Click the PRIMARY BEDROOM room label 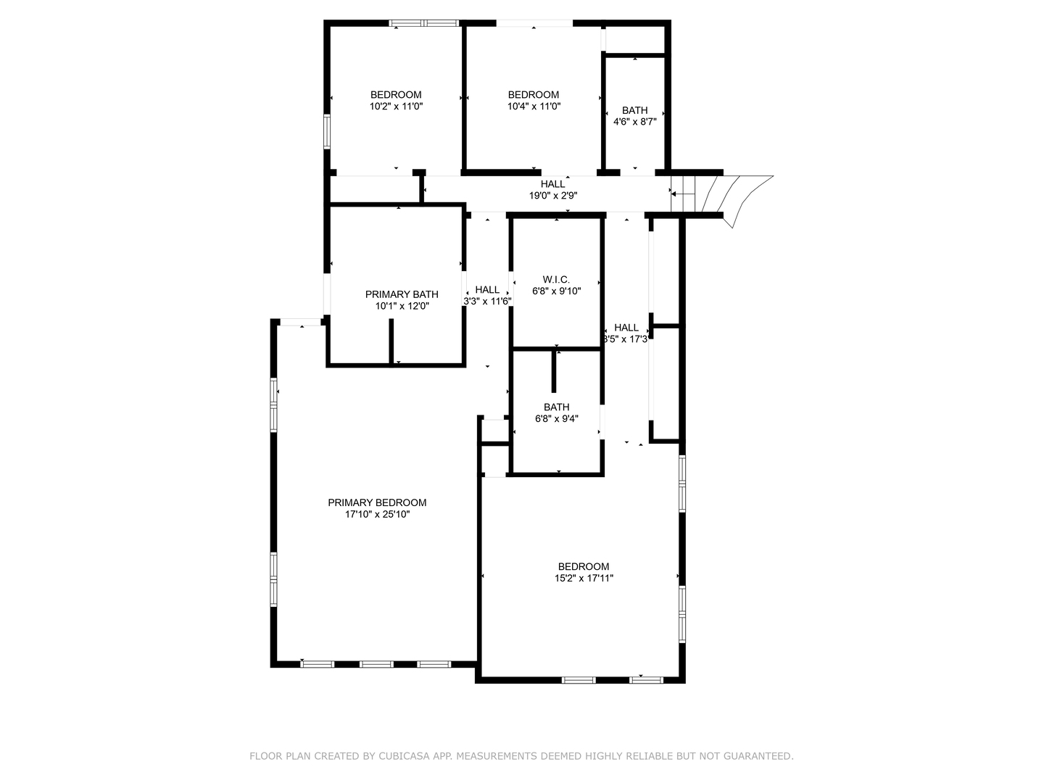pyautogui.click(x=377, y=502)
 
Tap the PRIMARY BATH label pyautogui.click(x=402, y=294)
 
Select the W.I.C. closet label pyautogui.click(x=556, y=280)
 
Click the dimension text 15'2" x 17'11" pyautogui.click(x=584, y=579)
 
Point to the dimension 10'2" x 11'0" pyautogui.click(x=396, y=107)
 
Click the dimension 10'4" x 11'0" pyautogui.click(x=534, y=107)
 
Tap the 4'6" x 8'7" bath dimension pyautogui.click(x=634, y=122)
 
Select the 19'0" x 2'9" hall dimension pyautogui.click(x=552, y=196)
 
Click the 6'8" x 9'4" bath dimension pyautogui.click(x=556, y=419)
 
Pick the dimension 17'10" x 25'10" pyautogui.click(x=377, y=515)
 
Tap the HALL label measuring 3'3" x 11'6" pyautogui.click(x=487, y=290)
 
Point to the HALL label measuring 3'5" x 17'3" pyautogui.click(x=626, y=328)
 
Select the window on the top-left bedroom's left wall pyautogui.click(x=327, y=131)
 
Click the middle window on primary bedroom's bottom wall pyautogui.click(x=376, y=663)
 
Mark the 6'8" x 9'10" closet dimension pyautogui.click(x=556, y=291)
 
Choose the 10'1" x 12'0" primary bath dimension pyautogui.click(x=402, y=306)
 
